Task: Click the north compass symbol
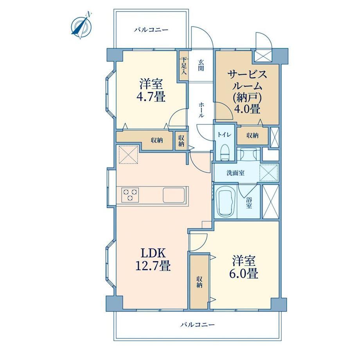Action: pos(81,26)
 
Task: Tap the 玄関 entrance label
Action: pos(201,65)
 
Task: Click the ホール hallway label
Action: pos(201,110)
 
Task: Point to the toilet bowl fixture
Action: pos(224,152)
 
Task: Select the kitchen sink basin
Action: pos(174,195)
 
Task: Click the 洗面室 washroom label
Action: pos(235,173)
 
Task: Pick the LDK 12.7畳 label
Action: pos(153,260)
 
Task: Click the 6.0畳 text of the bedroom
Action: pos(244,274)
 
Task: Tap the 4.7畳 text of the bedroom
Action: pos(151,96)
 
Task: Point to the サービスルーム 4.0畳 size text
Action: pos(247,109)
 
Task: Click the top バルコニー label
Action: pos(151,30)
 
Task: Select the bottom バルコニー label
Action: pos(198,324)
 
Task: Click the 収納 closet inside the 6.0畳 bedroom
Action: pos(199,282)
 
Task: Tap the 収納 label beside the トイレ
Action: pos(252,135)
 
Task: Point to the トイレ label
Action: pos(224,135)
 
